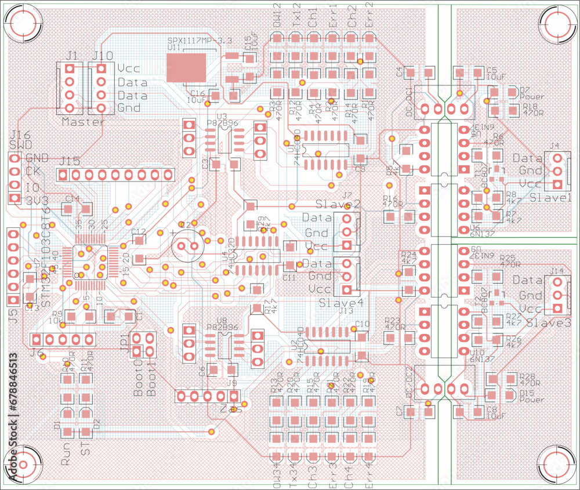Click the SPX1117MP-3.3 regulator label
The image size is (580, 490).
coord(200,41)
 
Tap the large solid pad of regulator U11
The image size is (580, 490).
coord(186,68)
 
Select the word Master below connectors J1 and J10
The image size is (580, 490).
coord(83,122)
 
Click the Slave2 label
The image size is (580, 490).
coord(338,205)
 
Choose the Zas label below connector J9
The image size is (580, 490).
coord(231,409)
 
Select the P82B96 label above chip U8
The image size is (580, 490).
coord(219,327)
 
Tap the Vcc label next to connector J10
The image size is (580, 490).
coord(128,68)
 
